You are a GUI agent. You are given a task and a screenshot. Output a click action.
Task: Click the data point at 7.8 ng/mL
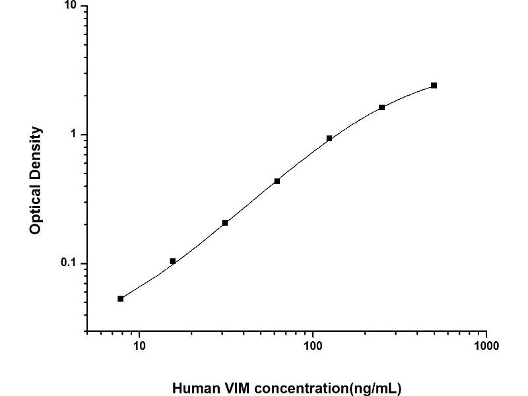coord(121,299)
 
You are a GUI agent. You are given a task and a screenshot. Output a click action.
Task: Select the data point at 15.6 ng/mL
coord(173,261)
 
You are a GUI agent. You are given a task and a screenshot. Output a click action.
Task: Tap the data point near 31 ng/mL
coord(225,223)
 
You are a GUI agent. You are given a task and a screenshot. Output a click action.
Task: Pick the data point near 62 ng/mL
coord(277,181)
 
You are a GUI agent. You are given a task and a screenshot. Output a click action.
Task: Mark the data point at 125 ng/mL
coord(329,139)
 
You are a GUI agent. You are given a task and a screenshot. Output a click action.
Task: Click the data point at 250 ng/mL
coord(381,108)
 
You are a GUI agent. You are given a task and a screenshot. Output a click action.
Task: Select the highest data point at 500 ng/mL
coord(434,86)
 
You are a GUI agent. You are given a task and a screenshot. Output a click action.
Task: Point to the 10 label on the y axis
coord(71,6)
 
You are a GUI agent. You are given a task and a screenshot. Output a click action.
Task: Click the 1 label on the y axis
coord(74,135)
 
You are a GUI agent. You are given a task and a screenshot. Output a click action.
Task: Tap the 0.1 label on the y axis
coord(69,264)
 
